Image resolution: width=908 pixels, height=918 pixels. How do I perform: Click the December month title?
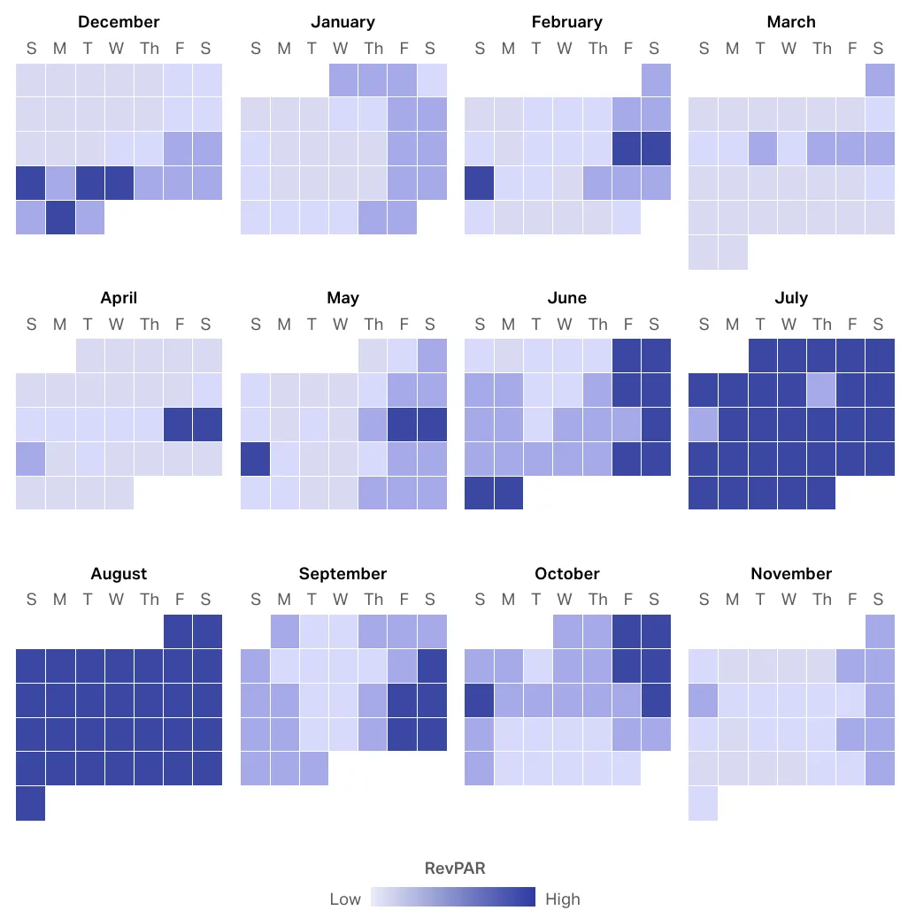(119, 22)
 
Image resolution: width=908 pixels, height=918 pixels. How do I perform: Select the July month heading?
(791, 298)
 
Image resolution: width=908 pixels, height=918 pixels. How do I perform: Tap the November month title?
(791, 574)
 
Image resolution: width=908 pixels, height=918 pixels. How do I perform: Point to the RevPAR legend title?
(455, 868)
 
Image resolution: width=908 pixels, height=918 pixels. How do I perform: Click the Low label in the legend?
(345, 899)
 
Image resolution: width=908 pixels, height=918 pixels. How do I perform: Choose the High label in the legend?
(563, 899)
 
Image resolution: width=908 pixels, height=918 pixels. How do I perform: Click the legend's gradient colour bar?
(453, 897)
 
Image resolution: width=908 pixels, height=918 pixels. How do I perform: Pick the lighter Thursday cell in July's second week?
(821, 389)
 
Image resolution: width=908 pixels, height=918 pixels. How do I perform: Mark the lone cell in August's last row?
(31, 803)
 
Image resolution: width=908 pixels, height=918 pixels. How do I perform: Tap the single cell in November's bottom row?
(704, 803)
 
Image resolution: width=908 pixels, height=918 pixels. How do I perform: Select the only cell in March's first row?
(881, 80)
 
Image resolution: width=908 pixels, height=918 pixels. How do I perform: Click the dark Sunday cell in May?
(256, 458)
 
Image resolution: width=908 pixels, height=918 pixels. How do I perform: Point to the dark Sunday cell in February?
(480, 183)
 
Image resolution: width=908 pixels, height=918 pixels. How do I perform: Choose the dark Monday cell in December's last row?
(60, 218)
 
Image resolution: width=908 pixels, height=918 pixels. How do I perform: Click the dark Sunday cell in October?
(480, 700)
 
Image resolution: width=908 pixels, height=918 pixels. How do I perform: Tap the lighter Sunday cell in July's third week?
(704, 424)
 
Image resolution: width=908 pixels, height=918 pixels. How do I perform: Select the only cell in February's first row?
(656, 80)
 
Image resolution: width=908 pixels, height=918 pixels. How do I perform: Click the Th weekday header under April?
(150, 325)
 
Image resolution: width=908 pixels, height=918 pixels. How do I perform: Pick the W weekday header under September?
(341, 601)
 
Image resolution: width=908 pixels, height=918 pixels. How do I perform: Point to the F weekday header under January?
(404, 49)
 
